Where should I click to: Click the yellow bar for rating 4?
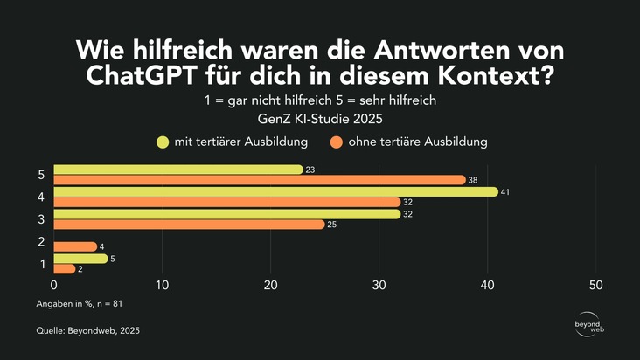point(275,191)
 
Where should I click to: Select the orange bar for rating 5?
point(260,180)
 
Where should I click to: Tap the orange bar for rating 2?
point(75,246)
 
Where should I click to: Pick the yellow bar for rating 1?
point(80,258)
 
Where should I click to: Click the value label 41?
point(506,191)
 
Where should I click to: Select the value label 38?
point(474,180)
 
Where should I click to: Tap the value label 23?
point(311,170)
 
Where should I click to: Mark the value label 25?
point(333,225)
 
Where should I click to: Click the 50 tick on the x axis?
point(596,285)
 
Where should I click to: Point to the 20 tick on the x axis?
point(271,285)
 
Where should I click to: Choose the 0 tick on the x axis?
point(54,285)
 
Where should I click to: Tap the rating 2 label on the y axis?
point(41,241)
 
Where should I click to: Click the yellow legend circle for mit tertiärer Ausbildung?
point(163,142)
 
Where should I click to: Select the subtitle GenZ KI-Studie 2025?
point(320,119)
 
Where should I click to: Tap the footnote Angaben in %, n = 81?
point(86,303)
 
